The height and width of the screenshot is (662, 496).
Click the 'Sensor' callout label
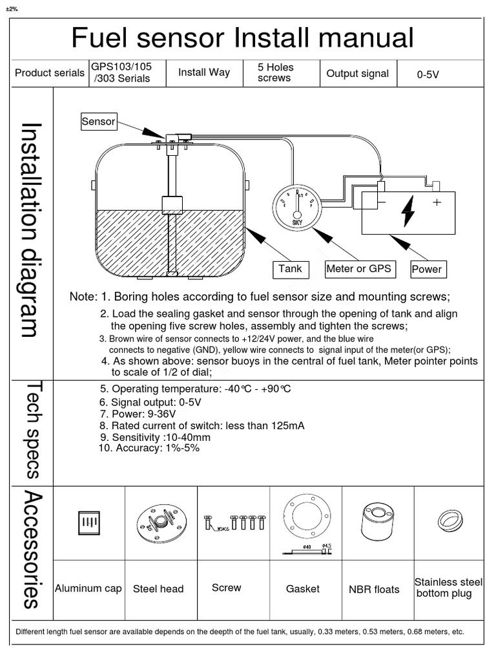click(98, 121)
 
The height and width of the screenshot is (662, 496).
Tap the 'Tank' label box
click(290, 269)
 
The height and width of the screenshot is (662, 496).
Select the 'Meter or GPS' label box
click(358, 269)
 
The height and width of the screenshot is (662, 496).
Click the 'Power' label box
click(426, 269)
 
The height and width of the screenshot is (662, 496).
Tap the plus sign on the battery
click(437, 202)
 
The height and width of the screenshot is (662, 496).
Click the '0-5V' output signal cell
click(428, 74)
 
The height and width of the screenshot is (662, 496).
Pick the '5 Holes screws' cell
click(275, 72)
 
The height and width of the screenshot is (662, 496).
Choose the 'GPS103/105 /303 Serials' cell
click(121, 72)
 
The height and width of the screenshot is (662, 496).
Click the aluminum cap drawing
click(89, 522)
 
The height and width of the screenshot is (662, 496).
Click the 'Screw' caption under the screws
click(226, 588)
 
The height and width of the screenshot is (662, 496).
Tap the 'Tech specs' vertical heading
click(32, 430)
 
